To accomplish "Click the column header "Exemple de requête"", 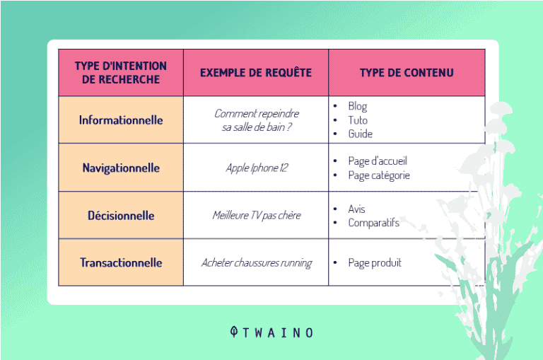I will click(255, 73).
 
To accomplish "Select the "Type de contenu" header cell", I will click(407, 73).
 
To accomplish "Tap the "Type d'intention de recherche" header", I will click(121, 73).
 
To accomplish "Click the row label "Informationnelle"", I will click(121, 120).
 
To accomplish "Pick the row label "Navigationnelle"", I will click(121, 168).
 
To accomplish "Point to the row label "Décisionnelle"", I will click(121, 215).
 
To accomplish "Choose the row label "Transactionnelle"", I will click(121, 262).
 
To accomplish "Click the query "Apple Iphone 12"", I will click(256, 168).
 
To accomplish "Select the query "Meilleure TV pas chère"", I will click(256, 215).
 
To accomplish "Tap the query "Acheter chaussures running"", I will click(256, 262).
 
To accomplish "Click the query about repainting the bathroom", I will click(256, 120).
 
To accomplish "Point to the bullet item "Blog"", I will click(357, 107).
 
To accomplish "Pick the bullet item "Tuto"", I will click(357, 120).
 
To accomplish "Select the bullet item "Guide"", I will click(360, 134).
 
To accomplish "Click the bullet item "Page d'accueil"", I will click(377, 161).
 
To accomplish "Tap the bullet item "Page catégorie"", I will click(378, 175).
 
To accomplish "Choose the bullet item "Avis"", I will click(356, 209).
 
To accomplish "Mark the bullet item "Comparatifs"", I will click(373, 223).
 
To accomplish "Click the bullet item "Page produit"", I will click(374, 262).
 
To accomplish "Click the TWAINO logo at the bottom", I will click(271, 332).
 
